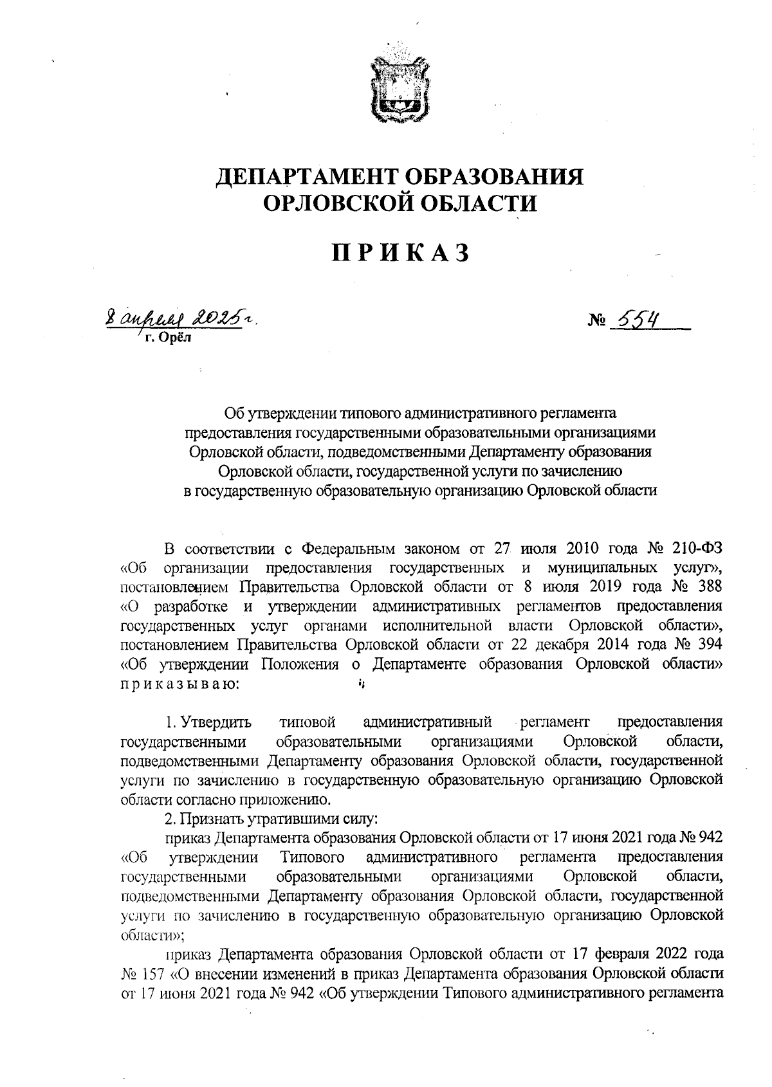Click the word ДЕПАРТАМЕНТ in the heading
point(304,176)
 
